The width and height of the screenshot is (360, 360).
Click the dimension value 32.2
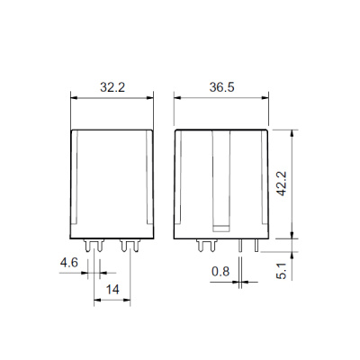pos(112,87)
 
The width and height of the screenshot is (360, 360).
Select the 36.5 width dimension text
pos(221,87)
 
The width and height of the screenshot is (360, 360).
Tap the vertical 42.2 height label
pos(282,184)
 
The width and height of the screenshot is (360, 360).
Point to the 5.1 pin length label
pos(282,271)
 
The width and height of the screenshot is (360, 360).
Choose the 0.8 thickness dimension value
pos(220,272)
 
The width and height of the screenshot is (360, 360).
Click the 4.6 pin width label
pos(69,263)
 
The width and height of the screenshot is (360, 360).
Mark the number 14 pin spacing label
pos(112,290)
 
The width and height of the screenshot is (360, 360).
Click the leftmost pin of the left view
pos(87,246)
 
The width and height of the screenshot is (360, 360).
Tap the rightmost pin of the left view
pos(136,246)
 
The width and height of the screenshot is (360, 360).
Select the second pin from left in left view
pos(100,246)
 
